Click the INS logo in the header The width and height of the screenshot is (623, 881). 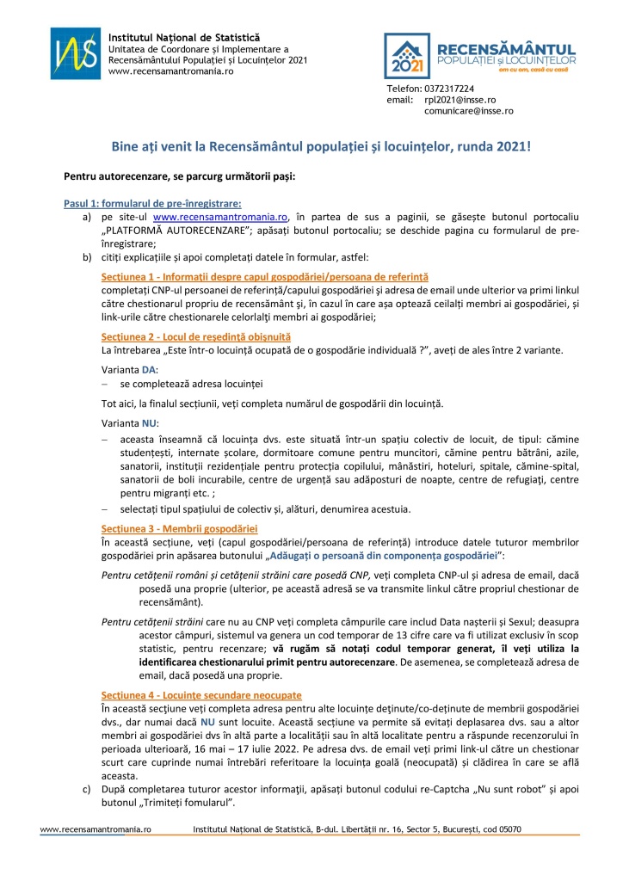coord(76,53)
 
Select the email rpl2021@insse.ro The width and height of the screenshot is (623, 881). coord(460,100)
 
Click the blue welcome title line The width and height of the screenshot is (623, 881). coord(322,146)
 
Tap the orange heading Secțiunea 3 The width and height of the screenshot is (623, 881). coord(179,527)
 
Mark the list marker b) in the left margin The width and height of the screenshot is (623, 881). coord(86,257)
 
